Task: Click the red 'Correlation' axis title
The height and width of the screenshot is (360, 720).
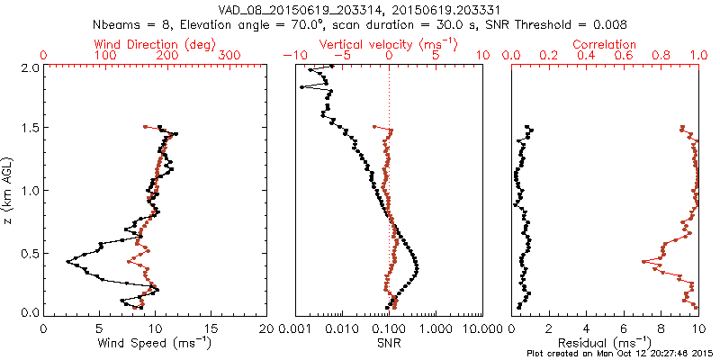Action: [605, 44]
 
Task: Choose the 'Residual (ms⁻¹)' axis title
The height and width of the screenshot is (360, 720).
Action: [605, 343]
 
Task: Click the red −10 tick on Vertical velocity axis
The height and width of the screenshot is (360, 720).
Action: [290, 56]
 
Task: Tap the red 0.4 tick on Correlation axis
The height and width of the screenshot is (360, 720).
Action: [586, 56]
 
